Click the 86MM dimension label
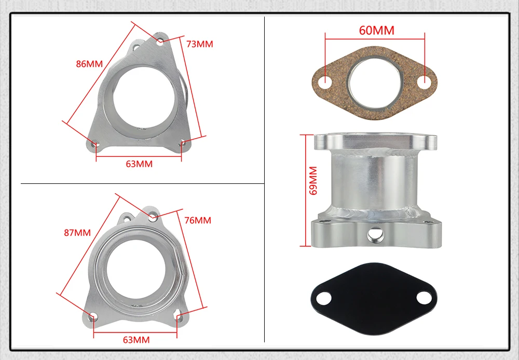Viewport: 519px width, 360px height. (x=89, y=63)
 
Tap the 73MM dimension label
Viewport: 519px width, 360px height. (x=200, y=44)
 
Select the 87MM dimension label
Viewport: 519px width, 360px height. (x=77, y=233)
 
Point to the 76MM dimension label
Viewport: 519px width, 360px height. (x=198, y=220)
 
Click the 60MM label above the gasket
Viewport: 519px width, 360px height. (x=377, y=31)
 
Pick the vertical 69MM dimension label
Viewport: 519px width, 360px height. (x=313, y=180)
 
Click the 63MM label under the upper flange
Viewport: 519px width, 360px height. (x=139, y=164)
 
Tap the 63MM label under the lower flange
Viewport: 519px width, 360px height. (x=136, y=340)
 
